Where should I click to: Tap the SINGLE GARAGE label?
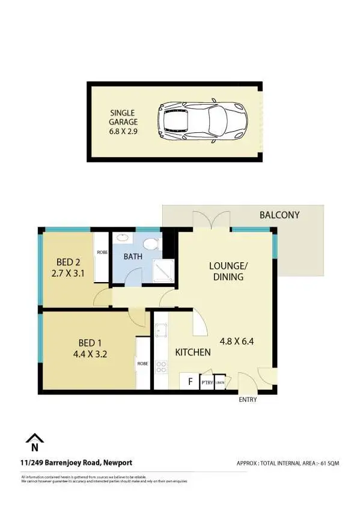tap(123, 117)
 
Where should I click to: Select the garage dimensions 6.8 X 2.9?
tap(123, 131)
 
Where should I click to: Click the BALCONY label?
tap(279, 215)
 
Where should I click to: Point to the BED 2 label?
tap(68, 262)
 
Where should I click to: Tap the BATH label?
tap(132, 257)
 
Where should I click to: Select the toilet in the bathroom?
tap(151, 244)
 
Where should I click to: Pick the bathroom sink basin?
tap(122, 238)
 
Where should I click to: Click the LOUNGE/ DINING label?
tap(227, 271)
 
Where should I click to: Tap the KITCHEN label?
tap(192, 352)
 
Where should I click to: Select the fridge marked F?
tap(190, 381)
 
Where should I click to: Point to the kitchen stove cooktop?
tap(161, 366)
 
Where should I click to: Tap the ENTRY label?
tap(248, 399)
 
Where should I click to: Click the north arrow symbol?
tap(35, 443)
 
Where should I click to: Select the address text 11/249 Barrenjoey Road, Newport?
tap(76, 462)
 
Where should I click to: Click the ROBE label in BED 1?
tap(142, 363)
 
